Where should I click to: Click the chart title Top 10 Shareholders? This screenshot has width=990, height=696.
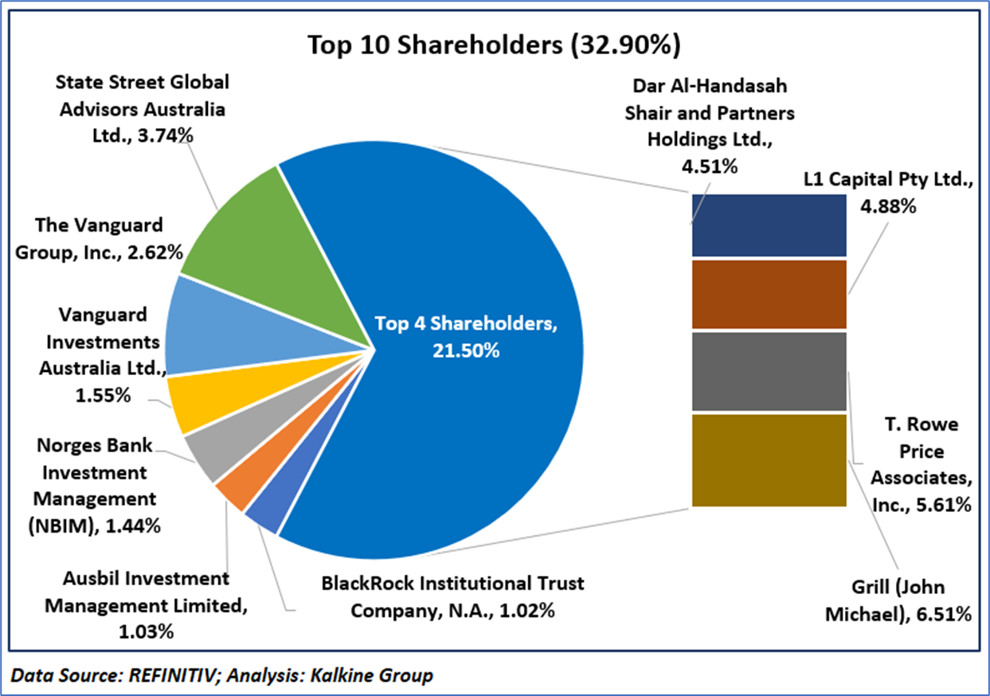pos(494,46)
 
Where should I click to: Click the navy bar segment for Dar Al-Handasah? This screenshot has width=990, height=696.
pos(769,225)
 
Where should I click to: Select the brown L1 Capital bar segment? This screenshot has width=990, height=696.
pos(769,294)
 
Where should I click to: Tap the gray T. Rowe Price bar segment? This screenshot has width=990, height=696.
pos(769,371)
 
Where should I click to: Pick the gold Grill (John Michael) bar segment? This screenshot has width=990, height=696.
pos(769,459)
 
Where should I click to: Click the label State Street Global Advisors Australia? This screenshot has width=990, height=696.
pos(141,108)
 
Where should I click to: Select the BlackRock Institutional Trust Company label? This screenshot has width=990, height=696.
pos(452,596)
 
